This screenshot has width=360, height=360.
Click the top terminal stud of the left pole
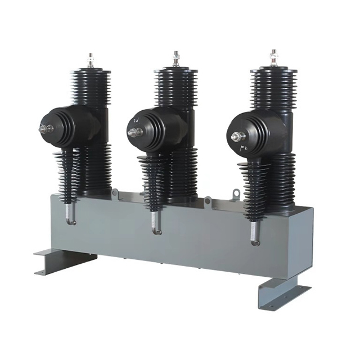point(90,60)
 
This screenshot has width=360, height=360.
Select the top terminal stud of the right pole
point(273,57)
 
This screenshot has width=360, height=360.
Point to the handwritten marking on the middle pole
point(136,121)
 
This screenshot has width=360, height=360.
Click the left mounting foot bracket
point(62,261)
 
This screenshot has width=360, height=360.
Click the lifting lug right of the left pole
point(116,193)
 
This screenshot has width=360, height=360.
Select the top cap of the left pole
point(90,72)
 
